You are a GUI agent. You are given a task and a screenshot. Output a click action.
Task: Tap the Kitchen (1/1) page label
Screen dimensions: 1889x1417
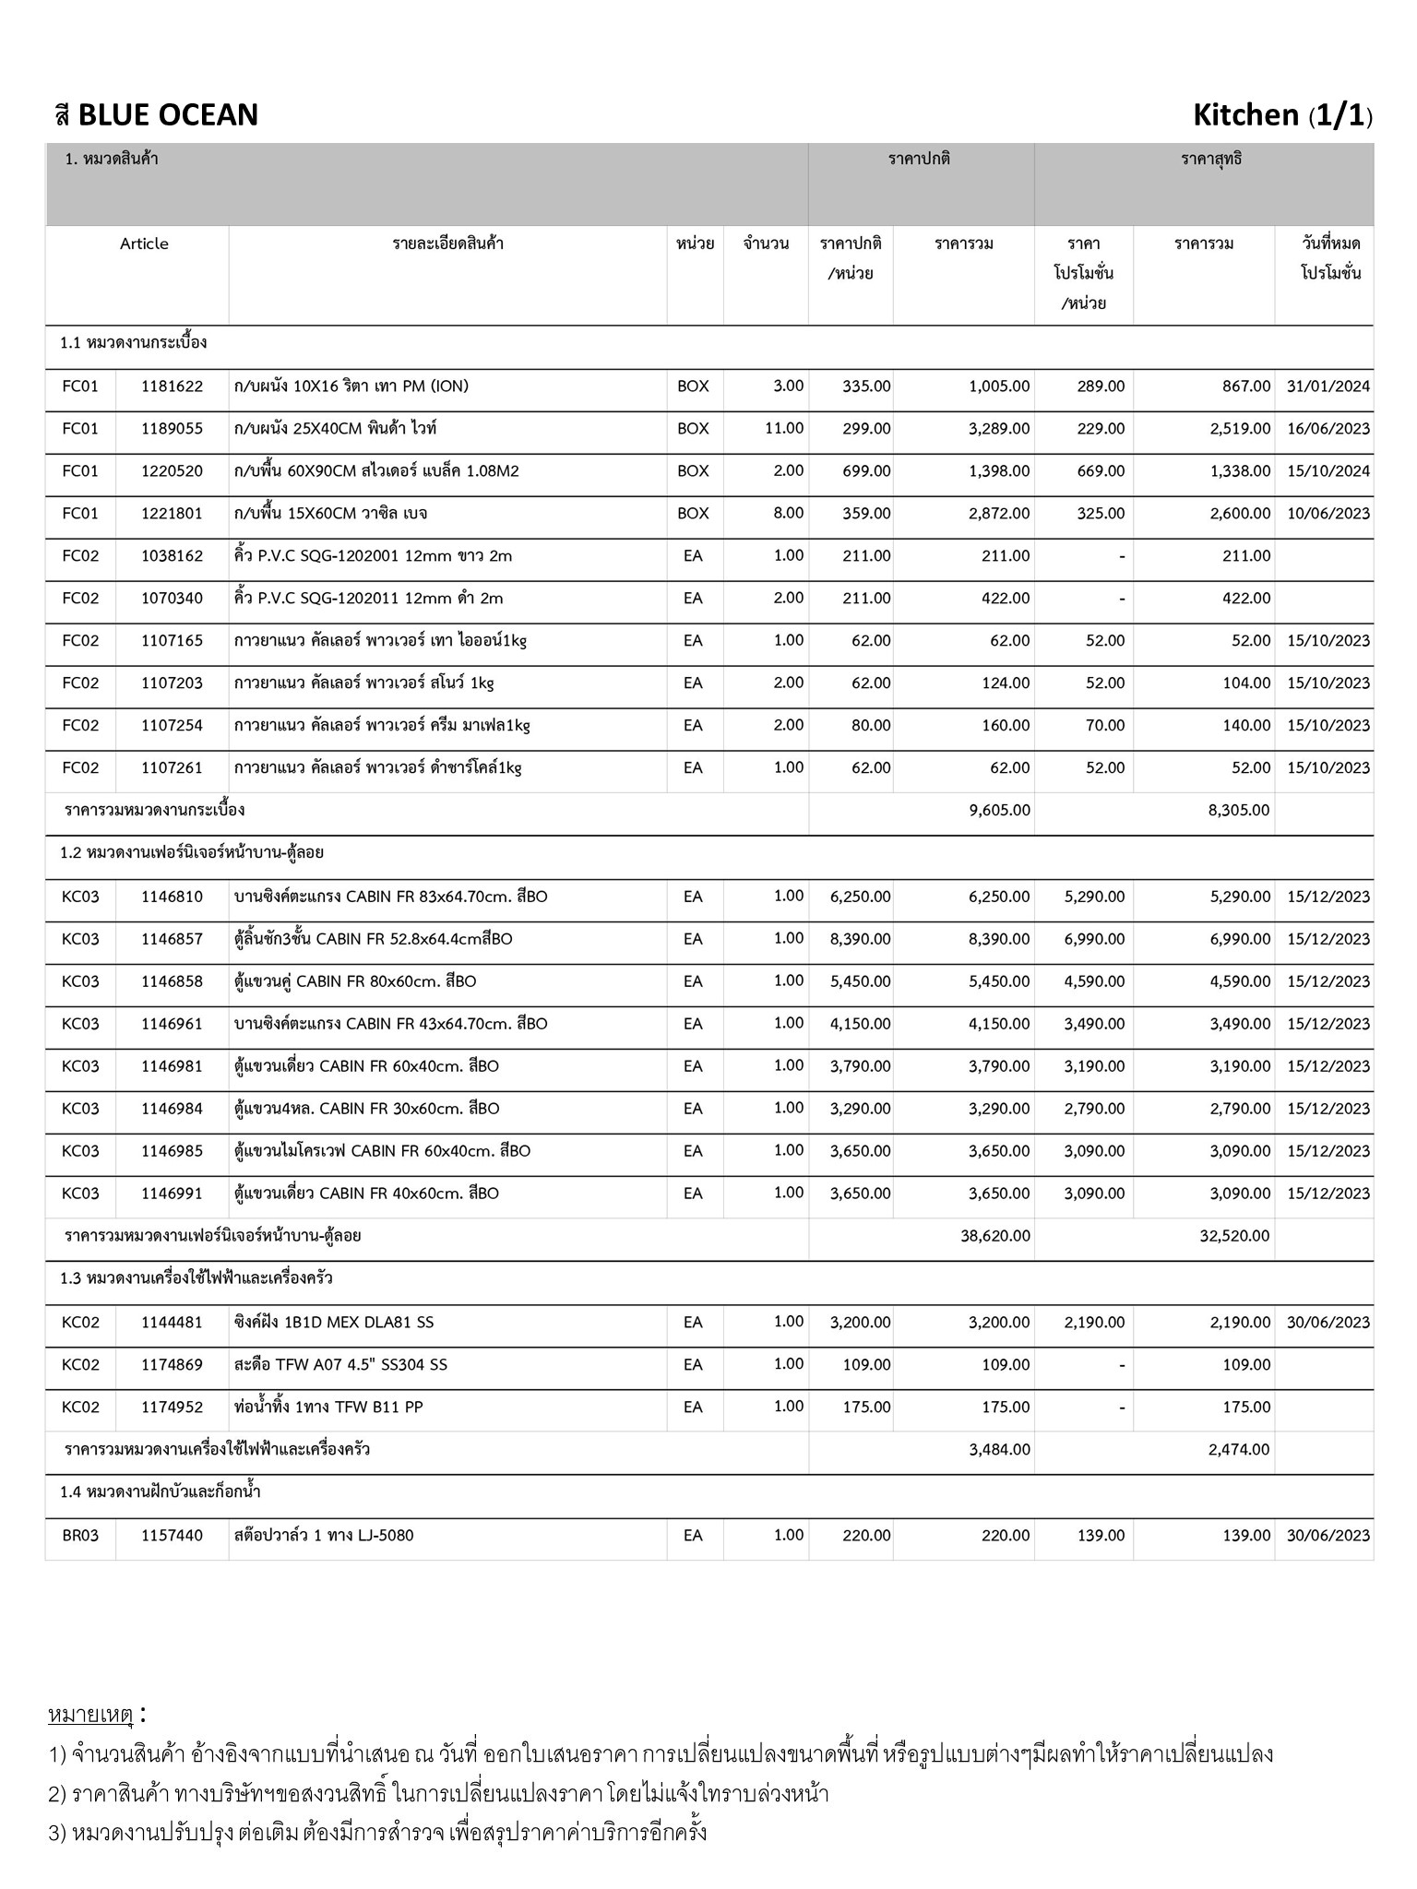pos(1281,115)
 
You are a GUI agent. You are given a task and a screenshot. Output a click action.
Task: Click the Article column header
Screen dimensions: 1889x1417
pos(144,244)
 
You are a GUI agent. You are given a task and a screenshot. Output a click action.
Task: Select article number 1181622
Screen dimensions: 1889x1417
pos(172,386)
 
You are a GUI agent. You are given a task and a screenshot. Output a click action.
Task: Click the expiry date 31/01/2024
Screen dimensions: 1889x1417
pos(1328,386)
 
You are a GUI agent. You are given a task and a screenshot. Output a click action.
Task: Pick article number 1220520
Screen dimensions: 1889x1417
pos(172,471)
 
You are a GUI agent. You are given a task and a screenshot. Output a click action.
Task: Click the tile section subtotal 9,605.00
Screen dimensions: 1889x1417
pos(999,811)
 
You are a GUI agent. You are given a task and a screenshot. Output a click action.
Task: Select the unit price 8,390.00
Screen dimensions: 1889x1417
pos(860,939)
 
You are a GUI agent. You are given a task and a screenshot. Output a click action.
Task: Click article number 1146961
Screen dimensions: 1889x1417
pos(172,1024)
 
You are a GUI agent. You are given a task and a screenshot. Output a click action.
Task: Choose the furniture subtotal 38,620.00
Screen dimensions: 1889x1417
pos(995,1236)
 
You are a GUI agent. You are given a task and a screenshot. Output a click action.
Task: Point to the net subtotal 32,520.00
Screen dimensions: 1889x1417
pos(1234,1236)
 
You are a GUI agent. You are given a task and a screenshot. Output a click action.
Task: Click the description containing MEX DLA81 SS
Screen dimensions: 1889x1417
pos(333,1323)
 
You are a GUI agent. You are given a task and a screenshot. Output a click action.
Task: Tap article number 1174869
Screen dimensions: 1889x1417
pos(172,1365)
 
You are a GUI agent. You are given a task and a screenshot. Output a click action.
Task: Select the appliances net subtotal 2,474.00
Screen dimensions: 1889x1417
pos(1239,1450)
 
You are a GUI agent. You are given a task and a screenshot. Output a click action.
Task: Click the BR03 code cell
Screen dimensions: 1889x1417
pos(80,1536)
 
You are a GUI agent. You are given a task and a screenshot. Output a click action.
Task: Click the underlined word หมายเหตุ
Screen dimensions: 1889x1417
pos(90,1716)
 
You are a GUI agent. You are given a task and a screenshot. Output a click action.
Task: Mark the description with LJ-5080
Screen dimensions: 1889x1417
pos(324,1536)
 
